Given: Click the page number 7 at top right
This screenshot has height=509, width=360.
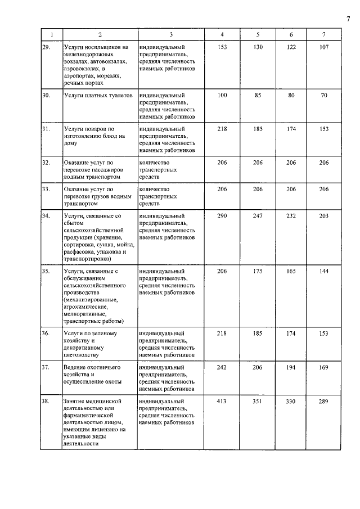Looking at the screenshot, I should coord(348,20).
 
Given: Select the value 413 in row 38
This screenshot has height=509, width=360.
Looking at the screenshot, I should coord(222,402).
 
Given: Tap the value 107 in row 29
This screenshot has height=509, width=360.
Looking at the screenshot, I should coord(323,48).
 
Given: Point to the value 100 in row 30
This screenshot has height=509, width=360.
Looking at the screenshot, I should coord(222,96).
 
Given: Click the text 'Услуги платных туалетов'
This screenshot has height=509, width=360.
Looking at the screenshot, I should coord(98,96).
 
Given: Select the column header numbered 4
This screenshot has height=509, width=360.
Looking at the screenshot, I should coord(222,35).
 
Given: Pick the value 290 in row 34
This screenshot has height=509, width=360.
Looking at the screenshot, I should coord(222,216).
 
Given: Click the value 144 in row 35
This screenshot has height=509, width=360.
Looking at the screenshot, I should coord(323,271).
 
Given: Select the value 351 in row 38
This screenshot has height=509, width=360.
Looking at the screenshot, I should coord(258,402).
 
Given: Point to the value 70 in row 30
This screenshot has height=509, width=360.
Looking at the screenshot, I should coord(323,96).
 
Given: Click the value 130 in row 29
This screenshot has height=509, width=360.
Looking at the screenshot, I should coord(258,48).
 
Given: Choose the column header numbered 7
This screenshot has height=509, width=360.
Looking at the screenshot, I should coord(323,35).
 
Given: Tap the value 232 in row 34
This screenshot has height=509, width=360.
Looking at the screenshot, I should coord(291,216).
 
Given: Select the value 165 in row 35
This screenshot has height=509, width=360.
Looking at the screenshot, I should coord(291,271).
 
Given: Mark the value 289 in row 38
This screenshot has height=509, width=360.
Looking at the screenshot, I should coord(323,402).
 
